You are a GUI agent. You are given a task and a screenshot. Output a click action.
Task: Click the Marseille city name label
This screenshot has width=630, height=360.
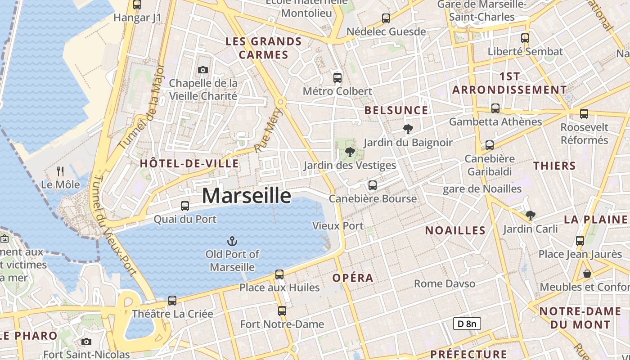(x=246, y=196)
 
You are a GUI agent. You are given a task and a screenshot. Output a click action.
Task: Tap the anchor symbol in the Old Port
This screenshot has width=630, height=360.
(x=232, y=241)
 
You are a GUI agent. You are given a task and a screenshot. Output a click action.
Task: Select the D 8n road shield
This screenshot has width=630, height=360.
(x=467, y=324)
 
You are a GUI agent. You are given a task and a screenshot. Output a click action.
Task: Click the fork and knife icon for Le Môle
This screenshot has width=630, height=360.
(x=61, y=171)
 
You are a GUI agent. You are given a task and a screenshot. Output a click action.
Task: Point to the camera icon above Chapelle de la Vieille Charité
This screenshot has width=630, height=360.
(x=203, y=70)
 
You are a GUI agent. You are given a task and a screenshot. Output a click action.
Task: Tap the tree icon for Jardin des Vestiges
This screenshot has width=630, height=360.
(x=350, y=152)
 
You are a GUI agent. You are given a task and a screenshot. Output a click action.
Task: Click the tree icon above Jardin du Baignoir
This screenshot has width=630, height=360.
(x=408, y=129)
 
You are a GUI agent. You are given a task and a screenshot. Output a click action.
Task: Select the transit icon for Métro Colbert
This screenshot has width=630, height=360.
(x=337, y=77)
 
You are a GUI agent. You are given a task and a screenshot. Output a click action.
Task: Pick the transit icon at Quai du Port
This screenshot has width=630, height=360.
(x=185, y=206)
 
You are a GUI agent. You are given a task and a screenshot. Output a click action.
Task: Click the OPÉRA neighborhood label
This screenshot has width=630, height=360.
(x=353, y=278)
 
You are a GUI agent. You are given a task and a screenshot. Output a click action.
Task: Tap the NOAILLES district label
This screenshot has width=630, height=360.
(x=455, y=230)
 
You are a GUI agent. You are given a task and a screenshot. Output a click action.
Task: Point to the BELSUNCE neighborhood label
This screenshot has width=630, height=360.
(x=396, y=110)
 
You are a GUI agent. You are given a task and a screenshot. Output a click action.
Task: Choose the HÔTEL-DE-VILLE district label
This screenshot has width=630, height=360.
(x=189, y=163)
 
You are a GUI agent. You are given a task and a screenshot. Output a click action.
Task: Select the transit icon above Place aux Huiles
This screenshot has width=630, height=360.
(x=279, y=274)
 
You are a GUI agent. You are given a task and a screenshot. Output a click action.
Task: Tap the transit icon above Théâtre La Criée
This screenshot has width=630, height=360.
(x=172, y=300)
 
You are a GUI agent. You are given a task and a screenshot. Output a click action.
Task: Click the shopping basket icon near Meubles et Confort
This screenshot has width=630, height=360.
(x=587, y=273)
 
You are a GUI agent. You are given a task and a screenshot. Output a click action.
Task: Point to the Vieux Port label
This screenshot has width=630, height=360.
(x=338, y=225)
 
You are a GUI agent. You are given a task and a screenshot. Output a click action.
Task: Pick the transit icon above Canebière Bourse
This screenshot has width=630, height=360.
(x=372, y=185)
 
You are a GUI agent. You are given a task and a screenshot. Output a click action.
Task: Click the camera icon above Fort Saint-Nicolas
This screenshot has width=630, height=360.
(x=86, y=342)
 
